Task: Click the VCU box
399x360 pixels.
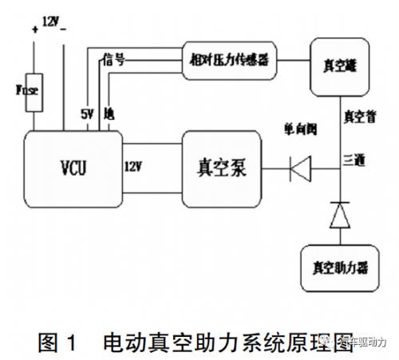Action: (x=72, y=168)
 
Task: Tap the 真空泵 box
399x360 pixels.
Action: (x=221, y=168)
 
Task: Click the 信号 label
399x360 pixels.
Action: (x=113, y=59)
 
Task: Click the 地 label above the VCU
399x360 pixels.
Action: (x=110, y=113)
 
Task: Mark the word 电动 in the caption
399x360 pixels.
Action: (x=120, y=342)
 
